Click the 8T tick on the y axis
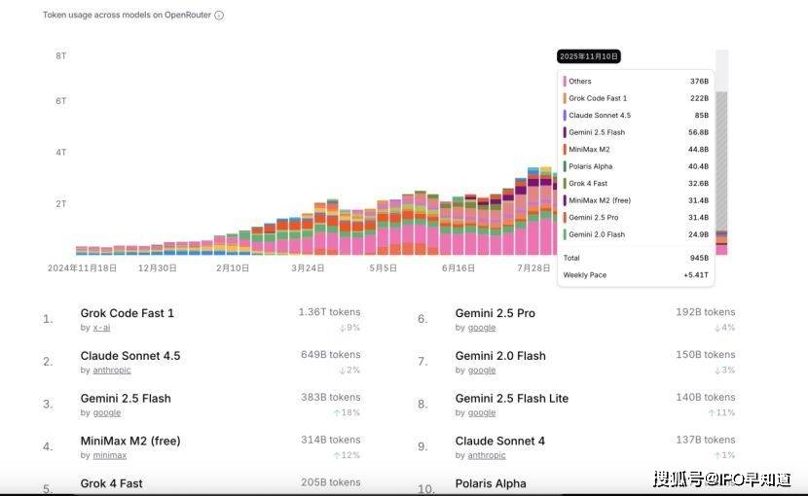60,56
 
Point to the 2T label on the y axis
60,204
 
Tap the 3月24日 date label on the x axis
308,267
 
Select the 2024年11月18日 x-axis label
82,267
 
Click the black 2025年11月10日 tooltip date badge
589,56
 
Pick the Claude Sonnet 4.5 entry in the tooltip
599,116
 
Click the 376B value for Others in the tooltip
699,82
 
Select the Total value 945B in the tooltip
700,258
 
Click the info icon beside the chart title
219,16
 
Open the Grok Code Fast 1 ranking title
127,313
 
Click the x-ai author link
101,328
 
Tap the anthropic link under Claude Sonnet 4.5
112,371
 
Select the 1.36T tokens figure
329,312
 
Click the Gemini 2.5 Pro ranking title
495,313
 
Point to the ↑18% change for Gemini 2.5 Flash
347,412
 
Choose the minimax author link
110,455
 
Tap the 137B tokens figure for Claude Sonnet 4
706,440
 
